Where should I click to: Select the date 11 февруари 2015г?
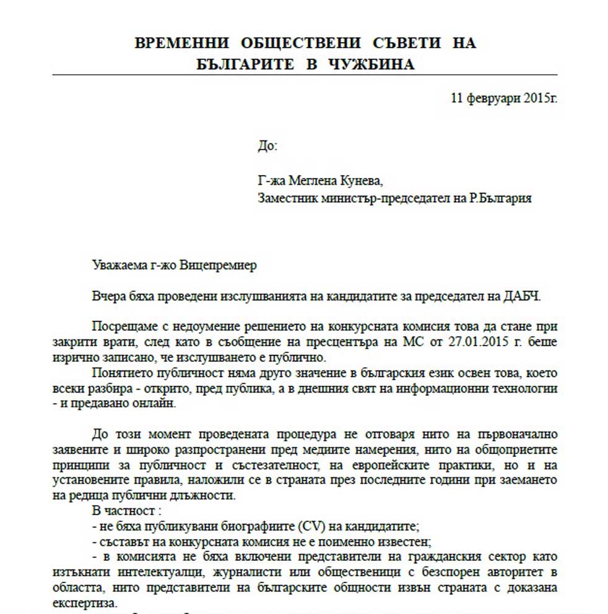pyautogui.click(x=504, y=98)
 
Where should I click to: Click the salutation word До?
pyautogui.click(x=267, y=147)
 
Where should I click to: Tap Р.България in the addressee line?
pyautogui.click(x=500, y=199)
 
